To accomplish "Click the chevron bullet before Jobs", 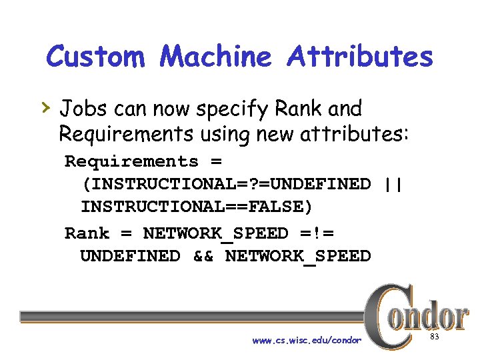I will pos(47,107).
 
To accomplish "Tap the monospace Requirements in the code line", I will pos(131,162).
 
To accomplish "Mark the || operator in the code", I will pos(394,183).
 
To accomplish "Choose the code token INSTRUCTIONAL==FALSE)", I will pos(196,207).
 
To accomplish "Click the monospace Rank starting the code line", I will pos(87,233).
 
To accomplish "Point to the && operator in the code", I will pos(203,256).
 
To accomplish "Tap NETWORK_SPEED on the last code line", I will pos(298,256).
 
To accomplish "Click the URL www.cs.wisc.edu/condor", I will pos(307,340).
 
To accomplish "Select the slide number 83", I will pos(435,337).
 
